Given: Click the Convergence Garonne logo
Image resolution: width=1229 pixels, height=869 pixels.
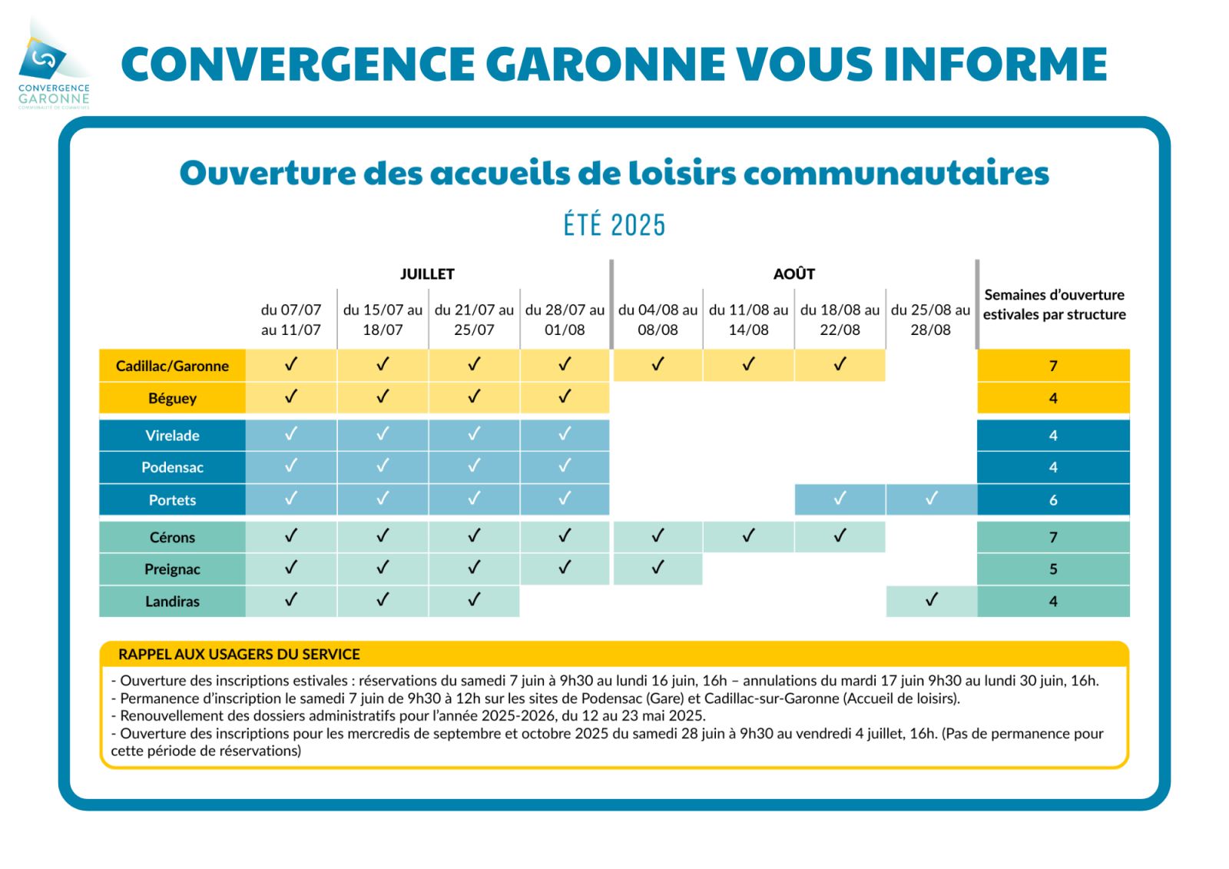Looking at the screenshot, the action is point(54,65).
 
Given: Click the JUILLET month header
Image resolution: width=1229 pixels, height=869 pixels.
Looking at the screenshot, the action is point(427,274).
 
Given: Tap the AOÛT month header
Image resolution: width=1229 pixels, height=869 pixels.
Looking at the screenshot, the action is point(794,274).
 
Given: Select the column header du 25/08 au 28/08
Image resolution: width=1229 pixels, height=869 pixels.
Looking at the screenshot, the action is point(930,320).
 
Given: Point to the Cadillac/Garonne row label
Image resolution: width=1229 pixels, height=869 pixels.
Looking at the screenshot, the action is point(172,367).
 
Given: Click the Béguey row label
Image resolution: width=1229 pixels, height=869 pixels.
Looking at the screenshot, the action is point(172,398).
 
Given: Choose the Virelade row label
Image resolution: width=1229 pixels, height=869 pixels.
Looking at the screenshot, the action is point(172,436).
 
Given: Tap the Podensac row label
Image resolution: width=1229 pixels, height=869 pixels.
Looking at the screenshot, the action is point(172,467).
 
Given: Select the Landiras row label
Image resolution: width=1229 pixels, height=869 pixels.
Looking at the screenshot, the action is point(172,601).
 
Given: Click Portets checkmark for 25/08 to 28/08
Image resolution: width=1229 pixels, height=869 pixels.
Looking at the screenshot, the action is point(931,499).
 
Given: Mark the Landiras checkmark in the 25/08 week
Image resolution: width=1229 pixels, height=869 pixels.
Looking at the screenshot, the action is point(931,599).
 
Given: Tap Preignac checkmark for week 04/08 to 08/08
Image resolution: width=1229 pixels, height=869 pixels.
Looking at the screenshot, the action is point(658,567).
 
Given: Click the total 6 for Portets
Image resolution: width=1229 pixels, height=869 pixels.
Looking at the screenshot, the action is point(1053,500).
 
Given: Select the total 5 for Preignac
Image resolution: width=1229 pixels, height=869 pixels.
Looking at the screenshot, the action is point(1053,569).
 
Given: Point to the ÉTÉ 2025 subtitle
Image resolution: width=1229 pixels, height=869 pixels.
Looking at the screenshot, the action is point(614,224).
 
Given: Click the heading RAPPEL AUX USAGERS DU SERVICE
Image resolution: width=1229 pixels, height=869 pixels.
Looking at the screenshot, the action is point(239,655).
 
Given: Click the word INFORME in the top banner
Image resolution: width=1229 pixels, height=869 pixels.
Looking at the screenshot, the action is point(995,65).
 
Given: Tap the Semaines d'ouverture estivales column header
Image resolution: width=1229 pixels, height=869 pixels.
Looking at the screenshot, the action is point(1054,305).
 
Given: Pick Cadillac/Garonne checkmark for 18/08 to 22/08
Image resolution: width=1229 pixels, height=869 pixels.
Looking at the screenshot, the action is point(840,364).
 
